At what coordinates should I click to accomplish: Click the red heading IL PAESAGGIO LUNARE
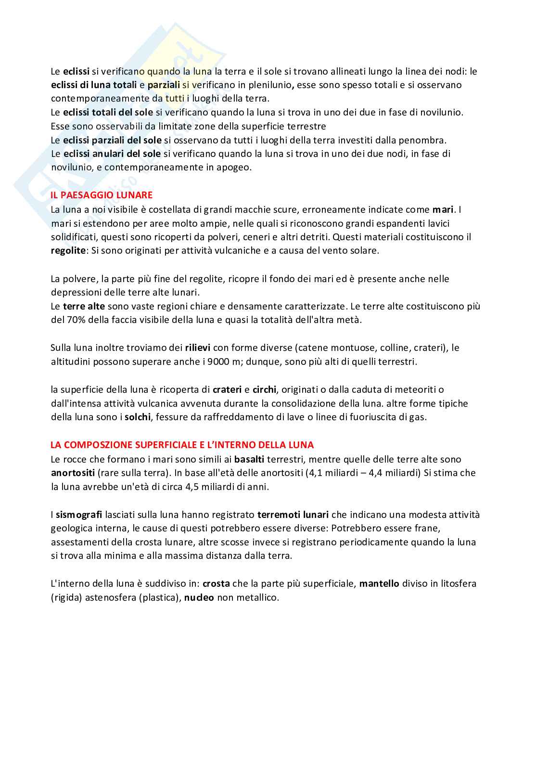[x=102, y=195]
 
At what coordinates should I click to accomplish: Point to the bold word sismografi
[x=76, y=515]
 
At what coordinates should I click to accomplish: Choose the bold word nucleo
[x=199, y=598]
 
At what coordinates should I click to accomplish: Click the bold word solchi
[x=138, y=417]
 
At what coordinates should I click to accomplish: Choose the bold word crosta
[x=216, y=584]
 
